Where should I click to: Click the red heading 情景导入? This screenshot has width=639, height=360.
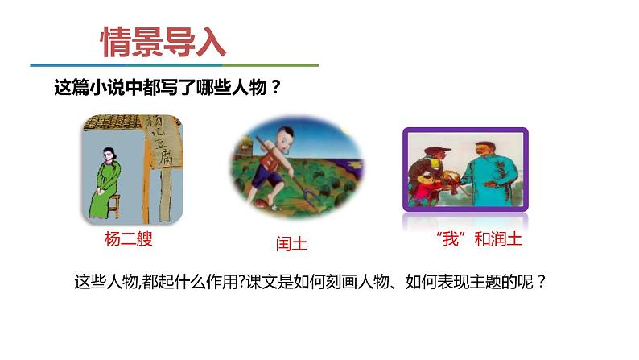click(163, 43)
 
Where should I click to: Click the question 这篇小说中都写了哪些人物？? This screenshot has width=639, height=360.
click(167, 87)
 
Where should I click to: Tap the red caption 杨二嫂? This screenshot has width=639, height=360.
click(129, 238)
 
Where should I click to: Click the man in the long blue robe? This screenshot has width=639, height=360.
click(490, 173)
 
